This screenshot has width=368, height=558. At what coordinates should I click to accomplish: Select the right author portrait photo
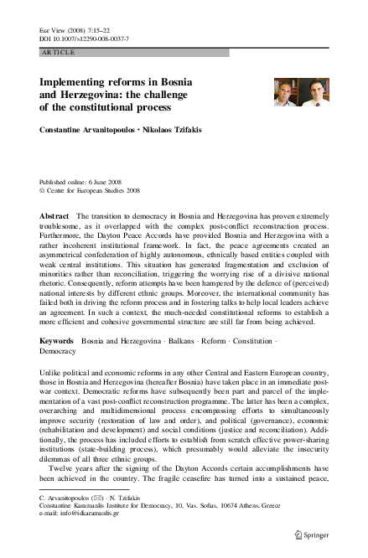[314, 92]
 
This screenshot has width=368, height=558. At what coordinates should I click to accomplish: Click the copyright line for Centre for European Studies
[91, 190]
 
